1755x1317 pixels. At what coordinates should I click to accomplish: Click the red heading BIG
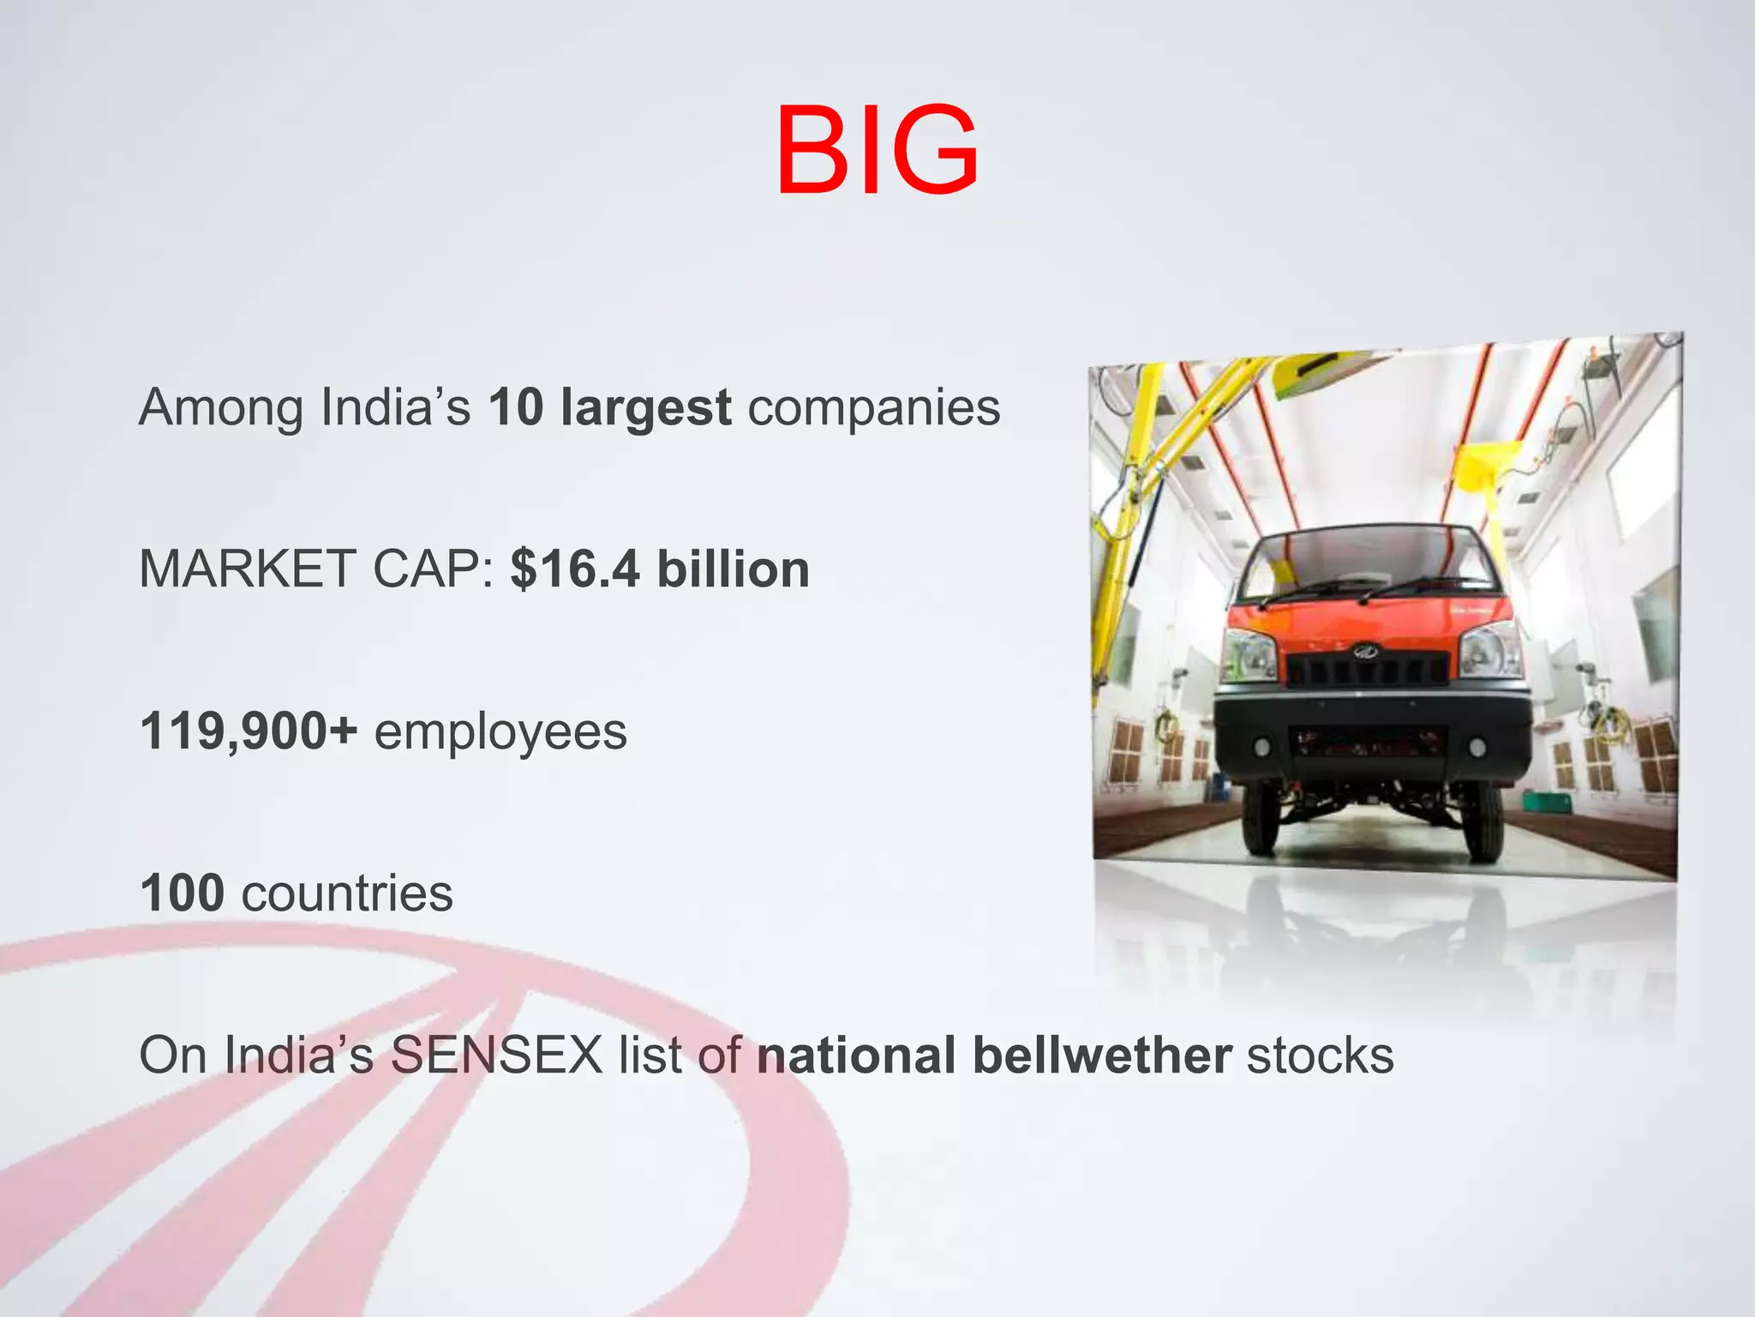click(x=877, y=150)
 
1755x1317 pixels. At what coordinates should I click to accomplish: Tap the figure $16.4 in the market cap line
click(x=575, y=569)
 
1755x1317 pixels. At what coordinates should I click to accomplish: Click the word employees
click(x=500, y=734)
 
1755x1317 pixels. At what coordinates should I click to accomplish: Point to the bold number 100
click(x=183, y=893)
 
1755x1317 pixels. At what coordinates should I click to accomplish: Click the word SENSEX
click(x=497, y=1055)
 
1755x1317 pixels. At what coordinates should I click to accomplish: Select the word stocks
click(x=1320, y=1055)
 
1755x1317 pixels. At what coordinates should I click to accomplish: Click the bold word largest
click(x=646, y=408)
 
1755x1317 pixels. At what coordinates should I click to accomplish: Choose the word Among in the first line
click(x=221, y=408)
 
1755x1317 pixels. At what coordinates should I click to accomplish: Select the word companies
click(x=874, y=408)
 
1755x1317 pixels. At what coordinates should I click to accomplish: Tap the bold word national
click(x=856, y=1055)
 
